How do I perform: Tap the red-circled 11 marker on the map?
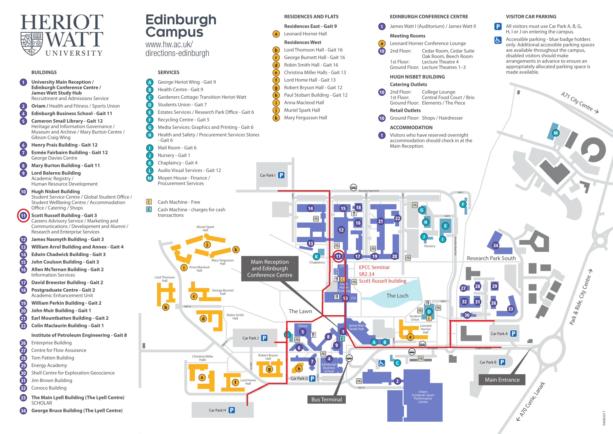[x=338, y=256]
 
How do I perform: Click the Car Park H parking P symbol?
[x=232, y=410]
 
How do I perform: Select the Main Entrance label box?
[x=502, y=380]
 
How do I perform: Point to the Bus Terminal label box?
[x=326, y=399]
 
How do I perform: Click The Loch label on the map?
[x=397, y=295]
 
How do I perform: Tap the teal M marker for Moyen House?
[x=556, y=133]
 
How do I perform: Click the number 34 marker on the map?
[x=496, y=245]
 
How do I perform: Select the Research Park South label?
[x=491, y=258]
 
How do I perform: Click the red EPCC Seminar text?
[x=374, y=267]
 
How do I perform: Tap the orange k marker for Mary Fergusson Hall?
[x=236, y=250]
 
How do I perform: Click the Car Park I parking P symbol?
[x=281, y=175]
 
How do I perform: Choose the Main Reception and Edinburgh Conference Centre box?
[x=270, y=269]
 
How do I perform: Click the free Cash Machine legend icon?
[x=149, y=202]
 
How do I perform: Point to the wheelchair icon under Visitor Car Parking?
[x=498, y=40]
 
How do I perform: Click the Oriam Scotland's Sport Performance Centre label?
[x=423, y=396]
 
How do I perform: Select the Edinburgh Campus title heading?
[x=181, y=26]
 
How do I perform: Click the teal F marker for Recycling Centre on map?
[x=463, y=204]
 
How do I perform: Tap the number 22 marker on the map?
[x=398, y=218]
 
